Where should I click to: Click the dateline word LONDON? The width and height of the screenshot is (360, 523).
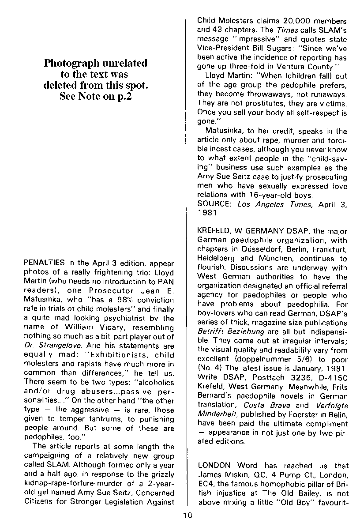215,466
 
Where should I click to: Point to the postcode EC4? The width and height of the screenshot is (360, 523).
205,484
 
